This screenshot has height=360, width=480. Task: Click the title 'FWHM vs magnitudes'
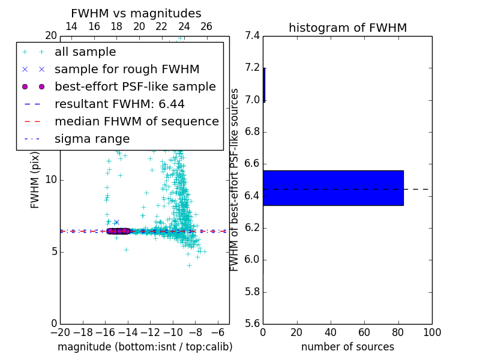tap(136, 13)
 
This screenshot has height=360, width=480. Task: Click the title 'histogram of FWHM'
tap(347, 28)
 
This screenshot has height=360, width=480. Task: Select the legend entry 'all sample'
tap(85, 52)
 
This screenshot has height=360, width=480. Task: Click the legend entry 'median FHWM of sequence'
tap(136, 122)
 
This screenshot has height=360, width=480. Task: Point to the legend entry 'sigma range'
tap(92, 139)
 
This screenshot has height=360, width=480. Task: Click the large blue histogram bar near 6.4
tap(333, 188)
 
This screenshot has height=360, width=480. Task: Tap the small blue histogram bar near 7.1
tap(264, 85)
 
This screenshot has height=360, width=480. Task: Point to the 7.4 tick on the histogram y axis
tap(253, 36)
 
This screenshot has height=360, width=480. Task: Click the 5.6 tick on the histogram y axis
tap(253, 324)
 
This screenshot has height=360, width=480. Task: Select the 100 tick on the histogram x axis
tap(432, 332)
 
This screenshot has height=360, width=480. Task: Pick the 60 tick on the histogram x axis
tap(364, 332)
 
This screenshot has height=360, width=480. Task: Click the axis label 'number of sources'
tap(347, 347)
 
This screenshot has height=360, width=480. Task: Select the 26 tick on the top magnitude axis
tap(206, 26)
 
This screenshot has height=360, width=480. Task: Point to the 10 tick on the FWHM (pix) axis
tap(51, 180)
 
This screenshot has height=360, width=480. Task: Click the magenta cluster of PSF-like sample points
tap(118, 231)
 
